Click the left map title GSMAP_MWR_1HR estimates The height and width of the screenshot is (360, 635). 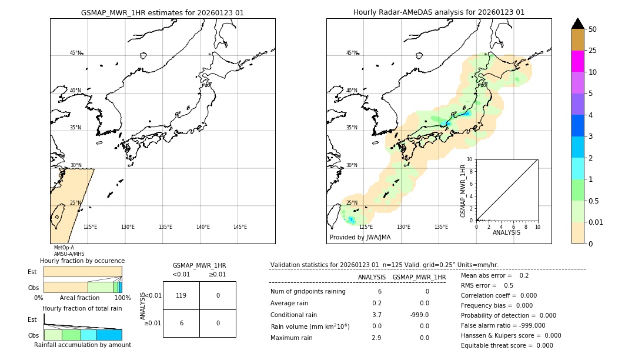click(162, 12)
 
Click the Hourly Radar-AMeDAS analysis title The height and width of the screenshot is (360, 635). click(439, 12)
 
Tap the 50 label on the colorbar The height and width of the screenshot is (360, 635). click(593, 29)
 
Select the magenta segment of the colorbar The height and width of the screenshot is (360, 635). click(577, 61)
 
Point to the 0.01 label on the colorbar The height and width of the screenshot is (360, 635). click(596, 222)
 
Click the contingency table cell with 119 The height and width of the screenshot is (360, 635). click(181, 295)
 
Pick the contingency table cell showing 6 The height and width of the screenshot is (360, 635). click(181, 323)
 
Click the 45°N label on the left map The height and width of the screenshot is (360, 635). click(75, 53)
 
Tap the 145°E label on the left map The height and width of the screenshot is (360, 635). click(240, 227)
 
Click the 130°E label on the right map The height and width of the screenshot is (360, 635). click(403, 227)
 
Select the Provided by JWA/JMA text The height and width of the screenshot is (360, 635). click(360, 238)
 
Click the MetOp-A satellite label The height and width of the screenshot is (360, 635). click(63, 248)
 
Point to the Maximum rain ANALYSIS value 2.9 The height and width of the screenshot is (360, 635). click(377, 338)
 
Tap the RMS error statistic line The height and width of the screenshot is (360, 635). click(487, 285)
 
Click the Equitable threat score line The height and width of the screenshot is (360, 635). click(507, 345)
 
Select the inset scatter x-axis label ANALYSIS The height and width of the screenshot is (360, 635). click(506, 233)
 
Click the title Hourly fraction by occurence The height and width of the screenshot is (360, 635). click(82, 261)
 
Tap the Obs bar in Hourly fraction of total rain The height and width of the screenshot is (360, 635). click(82, 335)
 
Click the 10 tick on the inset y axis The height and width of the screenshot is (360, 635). click(470, 159)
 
